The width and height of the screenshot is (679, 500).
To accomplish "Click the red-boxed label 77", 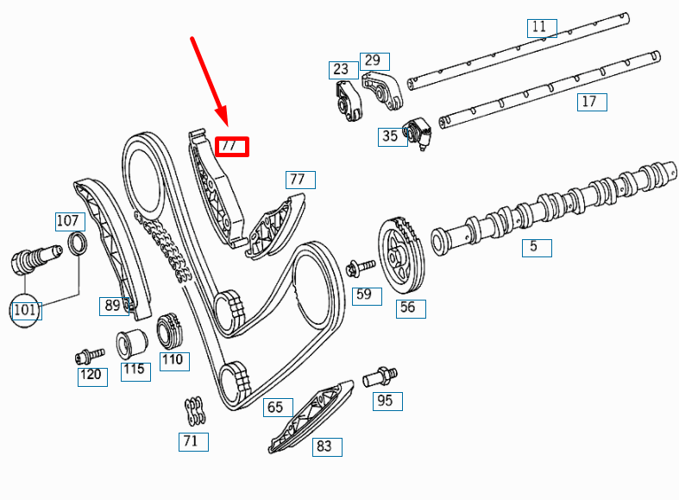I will pos(231,147).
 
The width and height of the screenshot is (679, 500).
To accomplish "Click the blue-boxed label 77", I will pos(299,180).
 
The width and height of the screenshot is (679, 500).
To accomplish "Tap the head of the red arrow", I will pos(223,123).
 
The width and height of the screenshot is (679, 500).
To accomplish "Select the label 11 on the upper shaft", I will pos(539,27).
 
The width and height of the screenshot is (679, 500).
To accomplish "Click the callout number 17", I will pos(590,102).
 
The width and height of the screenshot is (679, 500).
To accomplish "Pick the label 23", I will pos(342,69).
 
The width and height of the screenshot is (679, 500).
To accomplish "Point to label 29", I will pos(373,60).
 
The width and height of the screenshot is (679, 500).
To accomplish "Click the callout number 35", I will pos(391,136).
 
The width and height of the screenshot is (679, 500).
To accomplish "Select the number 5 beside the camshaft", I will pos(535,247).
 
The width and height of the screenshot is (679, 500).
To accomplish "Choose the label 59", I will pos(364,294).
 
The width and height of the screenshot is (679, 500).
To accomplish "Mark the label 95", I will pos(386,400).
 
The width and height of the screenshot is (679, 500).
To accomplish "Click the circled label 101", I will pos(25,309).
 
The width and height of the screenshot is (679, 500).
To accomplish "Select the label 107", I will pos(69,221).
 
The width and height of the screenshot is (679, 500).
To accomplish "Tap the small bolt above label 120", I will pos(88,354).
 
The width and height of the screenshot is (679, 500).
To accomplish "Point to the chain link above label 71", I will pos(192,411).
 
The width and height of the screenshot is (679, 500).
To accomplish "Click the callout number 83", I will pos(325,446).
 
